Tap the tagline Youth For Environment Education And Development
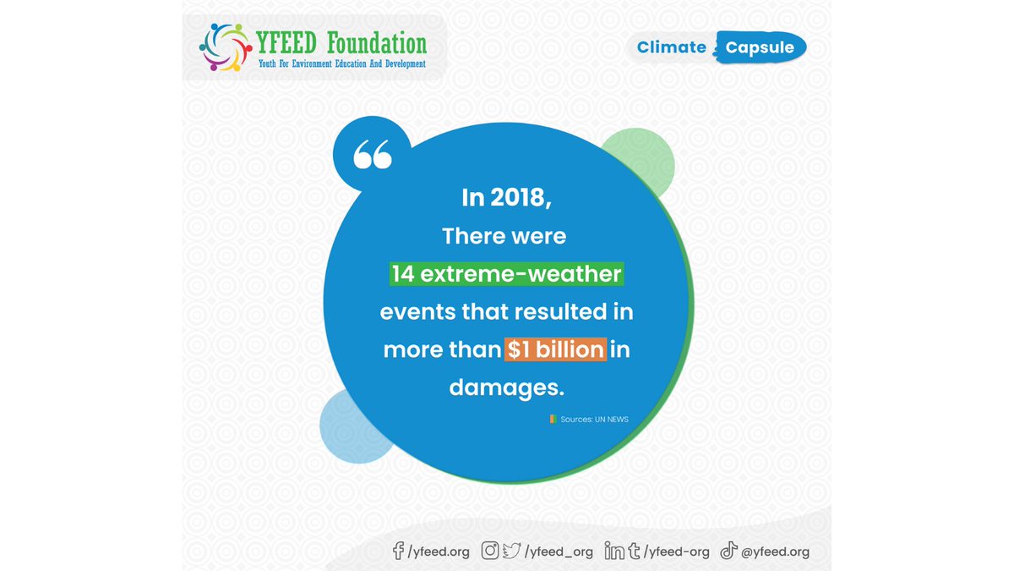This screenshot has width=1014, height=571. pyautogui.click(x=341, y=64)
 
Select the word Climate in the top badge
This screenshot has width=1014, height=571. pyautogui.click(x=672, y=47)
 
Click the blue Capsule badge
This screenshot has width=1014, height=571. pyautogui.click(x=760, y=47)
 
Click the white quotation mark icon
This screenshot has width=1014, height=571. pyautogui.click(x=373, y=154)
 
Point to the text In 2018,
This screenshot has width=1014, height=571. pyautogui.click(x=506, y=198)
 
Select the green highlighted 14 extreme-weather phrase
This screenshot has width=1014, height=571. pyautogui.click(x=506, y=274)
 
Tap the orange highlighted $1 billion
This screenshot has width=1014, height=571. pyautogui.click(x=555, y=349)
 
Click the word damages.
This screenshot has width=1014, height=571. pyautogui.click(x=506, y=387)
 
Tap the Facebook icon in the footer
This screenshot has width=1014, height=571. pyautogui.click(x=399, y=552)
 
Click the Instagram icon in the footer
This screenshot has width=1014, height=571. pyautogui.click(x=490, y=552)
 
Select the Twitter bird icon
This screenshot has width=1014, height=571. pyautogui.click(x=511, y=552)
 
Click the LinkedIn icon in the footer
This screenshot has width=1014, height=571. pyautogui.click(x=614, y=552)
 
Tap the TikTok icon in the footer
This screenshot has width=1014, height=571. pyautogui.click(x=728, y=552)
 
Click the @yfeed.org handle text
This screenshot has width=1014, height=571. pyautogui.click(x=775, y=552)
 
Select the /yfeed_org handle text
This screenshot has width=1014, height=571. pyautogui.click(x=559, y=552)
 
